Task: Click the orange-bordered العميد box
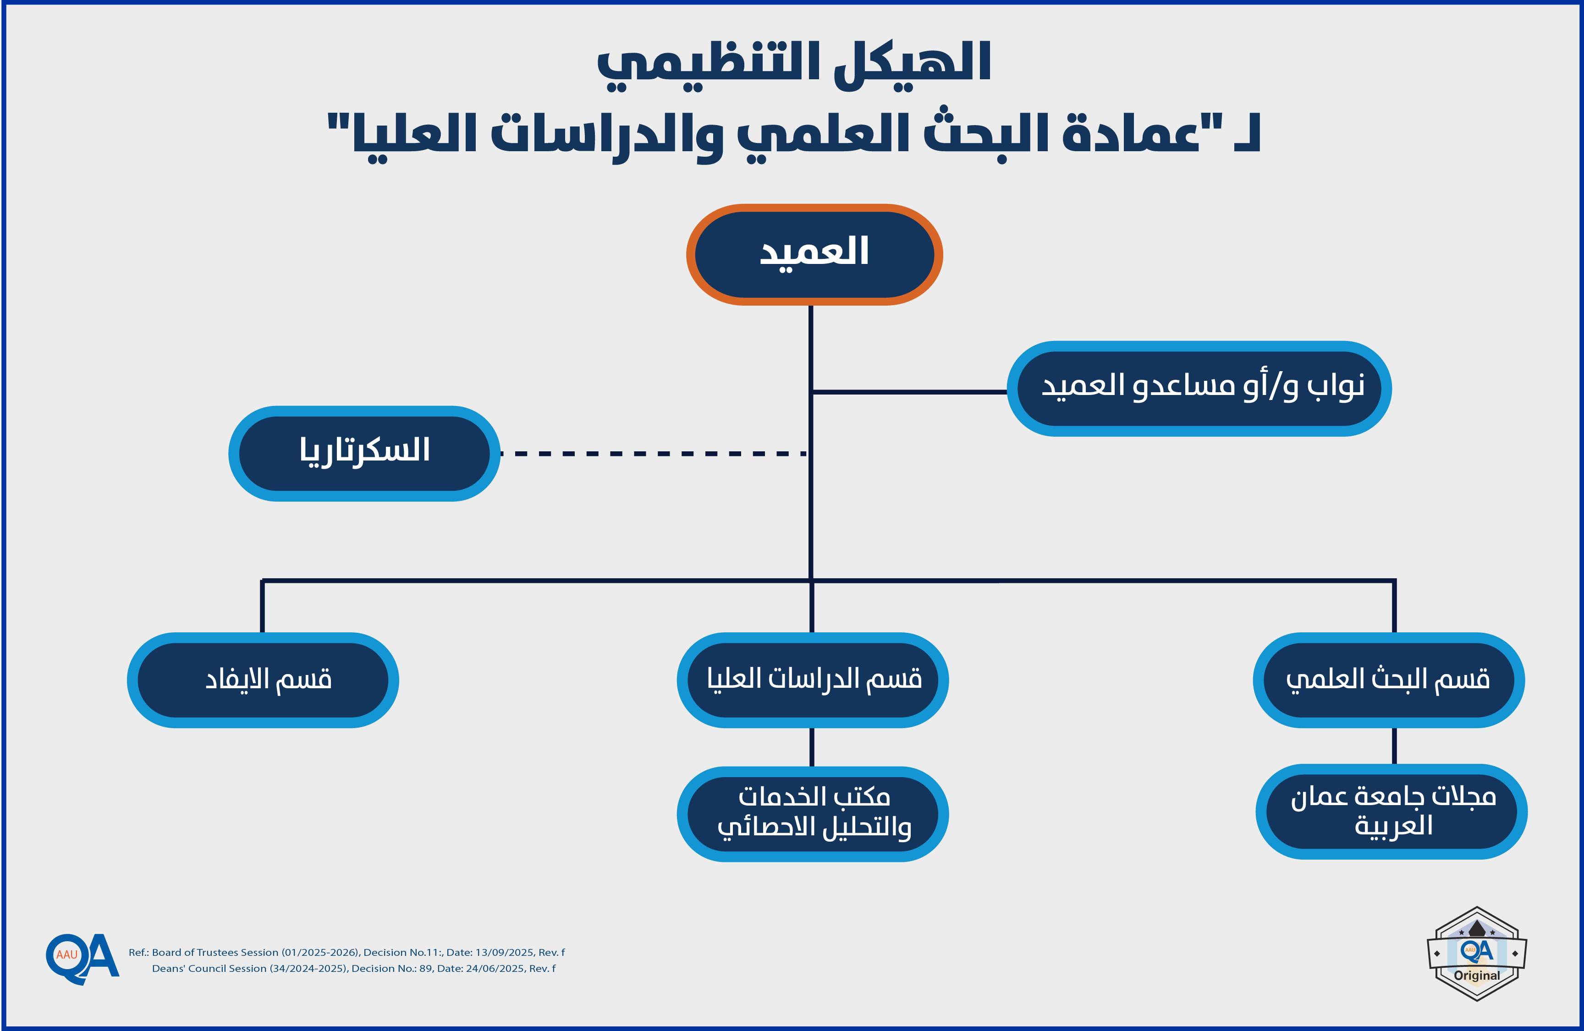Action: click(x=814, y=254)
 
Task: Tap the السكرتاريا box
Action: click(x=364, y=453)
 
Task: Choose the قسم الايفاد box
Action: click(x=263, y=680)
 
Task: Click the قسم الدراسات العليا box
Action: click(x=812, y=680)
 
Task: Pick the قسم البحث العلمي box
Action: click(x=1388, y=680)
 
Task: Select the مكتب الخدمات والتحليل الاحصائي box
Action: click(x=812, y=813)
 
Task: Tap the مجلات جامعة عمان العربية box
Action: click(x=1391, y=811)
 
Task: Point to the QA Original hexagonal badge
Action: click(x=1477, y=953)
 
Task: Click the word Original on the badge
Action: click(x=1477, y=975)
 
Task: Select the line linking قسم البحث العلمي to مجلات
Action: click(x=1394, y=746)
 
